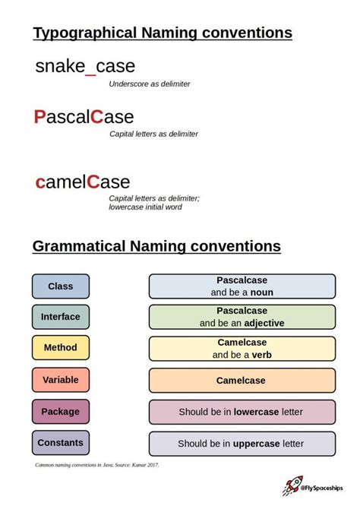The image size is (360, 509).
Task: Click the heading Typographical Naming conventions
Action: click(x=163, y=33)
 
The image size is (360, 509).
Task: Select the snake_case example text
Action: click(x=85, y=66)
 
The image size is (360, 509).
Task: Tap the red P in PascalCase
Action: click(x=40, y=117)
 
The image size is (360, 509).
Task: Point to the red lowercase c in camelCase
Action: click(x=40, y=182)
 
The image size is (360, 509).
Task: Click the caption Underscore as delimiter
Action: click(x=150, y=84)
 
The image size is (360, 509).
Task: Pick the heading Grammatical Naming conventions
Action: click(x=156, y=246)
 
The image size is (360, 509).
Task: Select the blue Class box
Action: click(x=61, y=286)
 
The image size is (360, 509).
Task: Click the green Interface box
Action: click(x=61, y=317)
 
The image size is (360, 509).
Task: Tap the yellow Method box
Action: click(x=61, y=348)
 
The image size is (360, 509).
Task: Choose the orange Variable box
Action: click(x=61, y=379)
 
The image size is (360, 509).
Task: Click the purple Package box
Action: click(x=61, y=411)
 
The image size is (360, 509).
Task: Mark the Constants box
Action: click(x=61, y=442)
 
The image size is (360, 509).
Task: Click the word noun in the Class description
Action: click(x=261, y=292)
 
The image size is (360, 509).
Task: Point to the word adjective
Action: click(x=265, y=323)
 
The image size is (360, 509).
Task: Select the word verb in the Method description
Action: click(x=262, y=354)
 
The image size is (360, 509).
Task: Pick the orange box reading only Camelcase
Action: click(x=242, y=380)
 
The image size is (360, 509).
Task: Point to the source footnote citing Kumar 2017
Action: click(x=97, y=463)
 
